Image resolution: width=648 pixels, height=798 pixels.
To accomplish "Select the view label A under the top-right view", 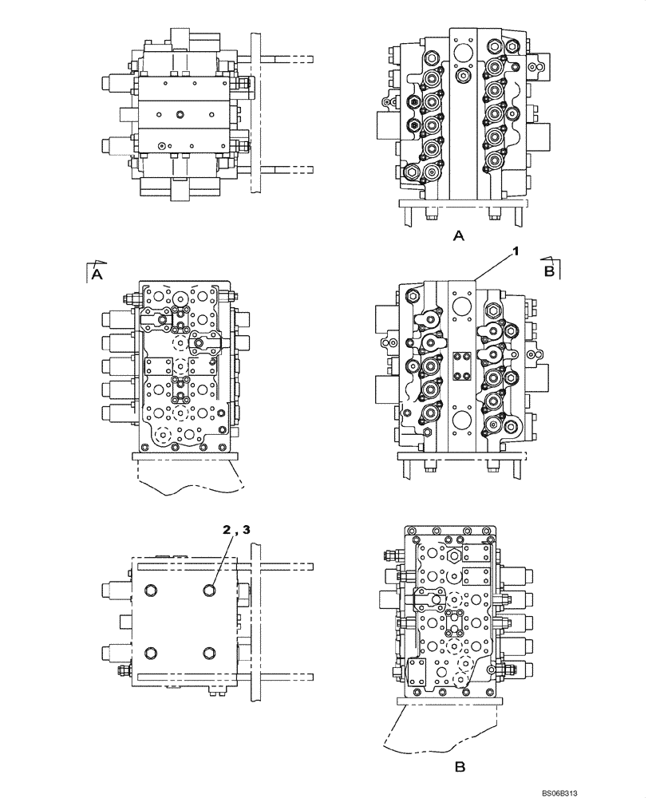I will [458, 235].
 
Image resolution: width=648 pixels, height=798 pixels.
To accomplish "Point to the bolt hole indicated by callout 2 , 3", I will [209, 590].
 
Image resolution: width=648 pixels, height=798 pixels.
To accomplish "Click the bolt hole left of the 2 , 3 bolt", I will [150, 590].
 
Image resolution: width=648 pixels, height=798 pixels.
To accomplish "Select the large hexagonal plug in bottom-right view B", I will [450, 557].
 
